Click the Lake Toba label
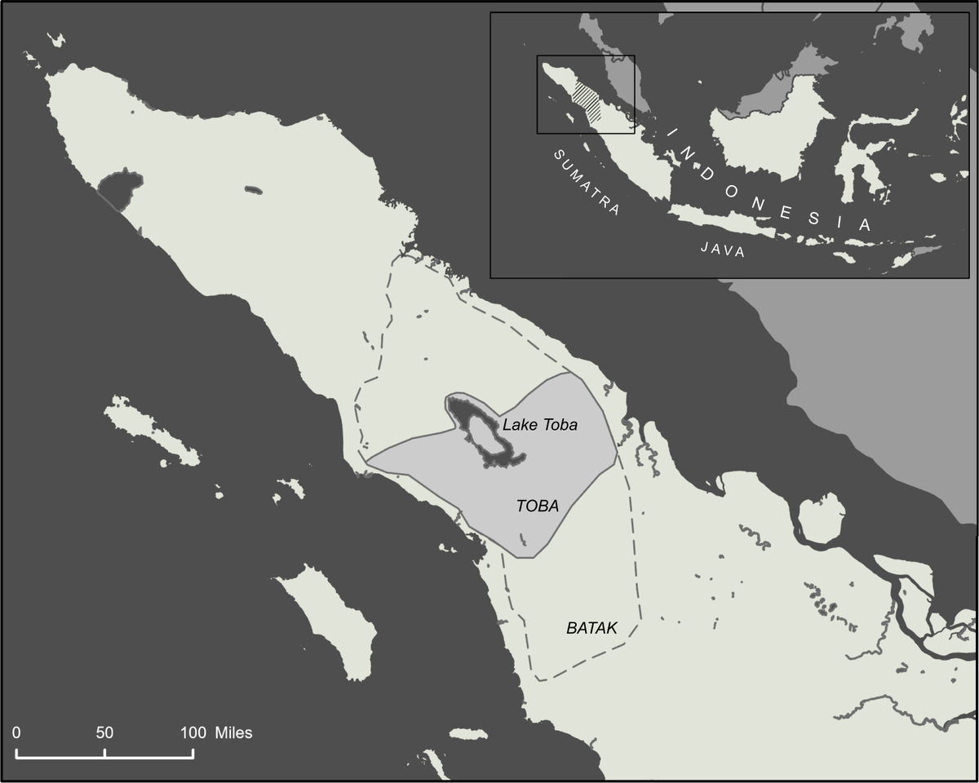(x=539, y=425)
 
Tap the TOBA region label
(x=538, y=506)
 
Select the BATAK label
(x=591, y=629)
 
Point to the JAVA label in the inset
(x=723, y=250)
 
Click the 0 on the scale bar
(x=16, y=732)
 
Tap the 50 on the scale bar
(x=104, y=732)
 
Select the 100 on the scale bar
(x=193, y=732)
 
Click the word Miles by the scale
(x=234, y=732)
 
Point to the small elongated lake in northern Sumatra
(x=254, y=191)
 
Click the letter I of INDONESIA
(x=673, y=132)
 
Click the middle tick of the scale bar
(x=104, y=754)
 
